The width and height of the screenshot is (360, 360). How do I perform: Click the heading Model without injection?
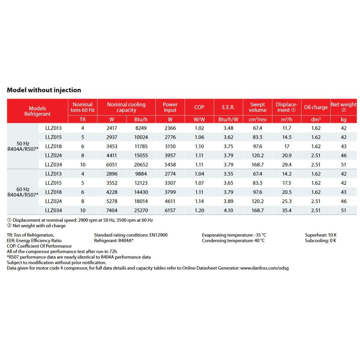pos(44,90)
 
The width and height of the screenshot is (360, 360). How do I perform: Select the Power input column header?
pos(170,107)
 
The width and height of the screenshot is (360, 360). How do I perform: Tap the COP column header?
pos(199,107)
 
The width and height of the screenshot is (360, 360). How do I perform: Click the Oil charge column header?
pos(316,107)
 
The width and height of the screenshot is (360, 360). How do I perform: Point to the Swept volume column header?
pos(257,107)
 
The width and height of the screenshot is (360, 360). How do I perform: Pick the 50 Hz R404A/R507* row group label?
pos(23,146)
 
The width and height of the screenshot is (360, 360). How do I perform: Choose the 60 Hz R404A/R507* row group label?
pos(23,192)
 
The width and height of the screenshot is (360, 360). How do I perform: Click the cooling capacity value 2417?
pos(112,128)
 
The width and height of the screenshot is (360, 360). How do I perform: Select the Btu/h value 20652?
pos(141,165)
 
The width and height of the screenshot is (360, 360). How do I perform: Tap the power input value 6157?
pos(170,210)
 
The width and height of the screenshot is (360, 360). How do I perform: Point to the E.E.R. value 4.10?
pos(228,210)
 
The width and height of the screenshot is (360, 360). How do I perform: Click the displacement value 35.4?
pos(287,210)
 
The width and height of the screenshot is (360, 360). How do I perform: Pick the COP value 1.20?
pos(199,210)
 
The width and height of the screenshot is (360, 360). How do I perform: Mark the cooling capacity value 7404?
pos(112,210)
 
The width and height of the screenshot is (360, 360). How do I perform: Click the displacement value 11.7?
pos(287,128)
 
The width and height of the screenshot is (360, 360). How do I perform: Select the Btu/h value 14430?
pos(141,192)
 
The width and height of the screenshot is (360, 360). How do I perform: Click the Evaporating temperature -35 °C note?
pos(234,235)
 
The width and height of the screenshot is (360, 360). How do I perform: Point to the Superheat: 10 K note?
pos(320,235)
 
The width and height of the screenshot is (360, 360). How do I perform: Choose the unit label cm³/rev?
pos(257,119)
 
